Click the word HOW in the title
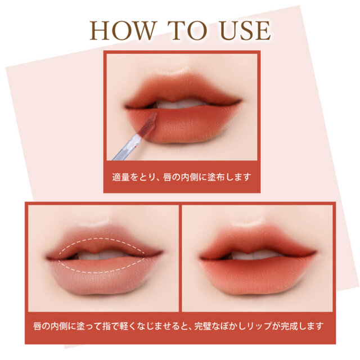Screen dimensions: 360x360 point(123,31)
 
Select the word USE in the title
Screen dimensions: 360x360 point(245,31)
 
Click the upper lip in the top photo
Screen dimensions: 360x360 point(182,89)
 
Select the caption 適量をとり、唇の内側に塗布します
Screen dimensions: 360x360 point(182,177)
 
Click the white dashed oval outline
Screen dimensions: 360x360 point(101,238)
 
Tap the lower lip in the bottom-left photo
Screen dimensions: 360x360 point(103,276)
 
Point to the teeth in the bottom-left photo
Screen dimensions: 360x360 point(101,255)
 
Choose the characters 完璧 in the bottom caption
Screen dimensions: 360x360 point(202,326)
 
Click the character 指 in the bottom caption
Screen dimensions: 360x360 point(107,326)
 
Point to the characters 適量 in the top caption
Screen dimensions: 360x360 point(121,177)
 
